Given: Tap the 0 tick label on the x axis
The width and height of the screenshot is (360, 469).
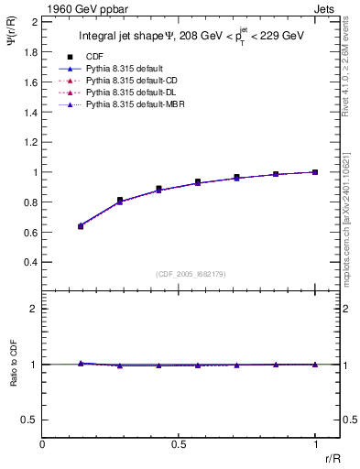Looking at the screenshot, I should [x=43, y=442].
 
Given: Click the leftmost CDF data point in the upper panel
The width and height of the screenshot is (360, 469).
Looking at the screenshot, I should [x=82, y=225].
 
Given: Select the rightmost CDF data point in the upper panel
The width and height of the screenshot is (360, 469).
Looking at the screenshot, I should [x=315, y=172].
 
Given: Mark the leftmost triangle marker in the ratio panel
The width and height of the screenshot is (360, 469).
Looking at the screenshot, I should [x=82, y=363].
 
